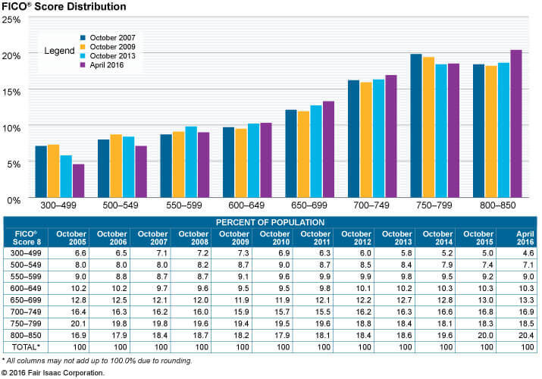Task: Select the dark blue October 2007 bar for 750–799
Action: click(x=416, y=125)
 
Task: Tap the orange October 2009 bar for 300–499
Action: click(x=53, y=170)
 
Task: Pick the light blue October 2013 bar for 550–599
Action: click(x=191, y=161)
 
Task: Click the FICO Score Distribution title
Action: click(x=64, y=6)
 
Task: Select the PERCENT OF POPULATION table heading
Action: click(x=270, y=221)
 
